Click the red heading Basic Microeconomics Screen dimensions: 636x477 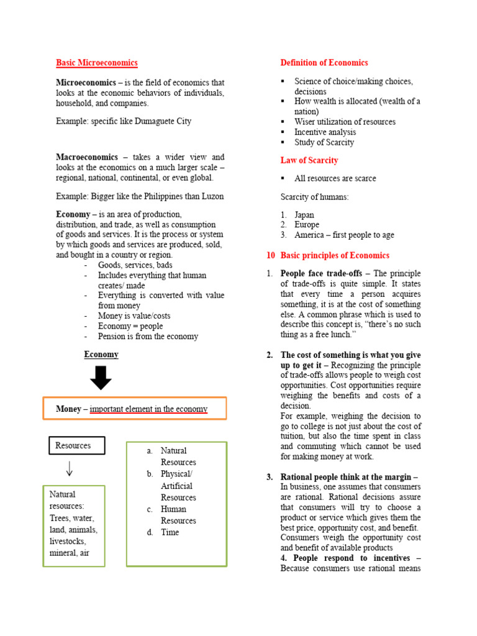(x=97, y=63)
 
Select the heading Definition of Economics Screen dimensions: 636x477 (x=324, y=63)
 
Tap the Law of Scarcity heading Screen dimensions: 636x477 (x=309, y=160)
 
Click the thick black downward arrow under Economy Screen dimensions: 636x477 (x=101, y=377)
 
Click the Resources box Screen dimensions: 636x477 (x=77, y=445)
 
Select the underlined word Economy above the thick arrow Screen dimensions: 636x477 (x=101, y=355)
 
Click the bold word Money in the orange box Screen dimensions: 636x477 (x=68, y=409)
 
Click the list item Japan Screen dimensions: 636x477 (x=304, y=214)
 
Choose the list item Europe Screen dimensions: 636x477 (x=307, y=225)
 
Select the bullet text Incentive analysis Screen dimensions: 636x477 (x=325, y=132)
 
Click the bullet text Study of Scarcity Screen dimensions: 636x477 (x=324, y=142)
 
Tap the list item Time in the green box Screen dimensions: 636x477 (x=170, y=532)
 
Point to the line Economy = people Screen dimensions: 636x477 (x=130, y=326)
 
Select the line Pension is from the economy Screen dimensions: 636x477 (x=148, y=337)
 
